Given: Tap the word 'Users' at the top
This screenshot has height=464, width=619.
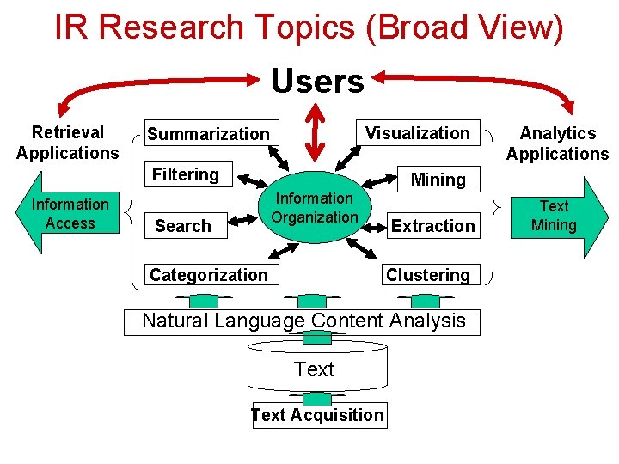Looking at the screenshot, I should click(x=317, y=82).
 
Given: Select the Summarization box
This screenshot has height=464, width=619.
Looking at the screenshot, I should click(x=209, y=133).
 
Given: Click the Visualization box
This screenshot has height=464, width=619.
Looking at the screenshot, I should click(x=418, y=132).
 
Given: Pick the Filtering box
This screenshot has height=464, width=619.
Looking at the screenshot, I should click(x=186, y=174).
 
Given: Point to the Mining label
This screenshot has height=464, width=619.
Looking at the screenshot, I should click(x=438, y=179).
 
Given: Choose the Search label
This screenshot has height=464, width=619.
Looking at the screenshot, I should click(x=183, y=226).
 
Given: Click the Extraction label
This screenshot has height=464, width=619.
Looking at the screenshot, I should click(x=432, y=226).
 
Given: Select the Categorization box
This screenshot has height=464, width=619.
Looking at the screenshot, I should click(x=209, y=275).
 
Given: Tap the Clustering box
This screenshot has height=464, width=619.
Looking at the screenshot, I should click(x=428, y=275).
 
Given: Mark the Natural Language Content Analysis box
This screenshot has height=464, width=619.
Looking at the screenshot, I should click(x=303, y=321).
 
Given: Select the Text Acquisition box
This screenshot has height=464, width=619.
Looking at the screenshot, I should click(x=318, y=415).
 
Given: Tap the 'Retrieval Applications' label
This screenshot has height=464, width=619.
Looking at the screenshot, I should click(x=67, y=143).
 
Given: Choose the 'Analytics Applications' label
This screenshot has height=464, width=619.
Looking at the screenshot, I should click(x=557, y=143).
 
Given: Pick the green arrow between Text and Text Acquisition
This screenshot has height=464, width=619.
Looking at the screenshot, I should click(x=317, y=398).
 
